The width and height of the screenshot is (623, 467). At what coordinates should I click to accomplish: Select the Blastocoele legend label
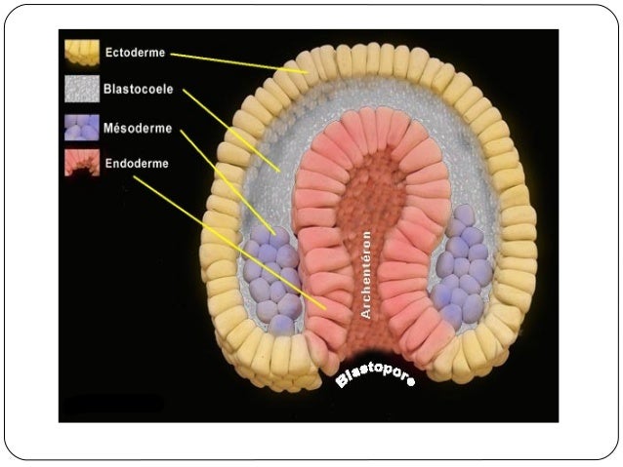coord(139,89)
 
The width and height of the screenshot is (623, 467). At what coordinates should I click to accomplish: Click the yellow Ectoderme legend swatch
coord(81,52)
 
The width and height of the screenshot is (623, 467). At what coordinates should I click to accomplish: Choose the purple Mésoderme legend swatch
coord(81,128)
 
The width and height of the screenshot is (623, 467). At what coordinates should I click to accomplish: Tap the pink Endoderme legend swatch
coord(81,163)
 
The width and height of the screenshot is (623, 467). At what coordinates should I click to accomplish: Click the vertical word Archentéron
coord(366,274)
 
